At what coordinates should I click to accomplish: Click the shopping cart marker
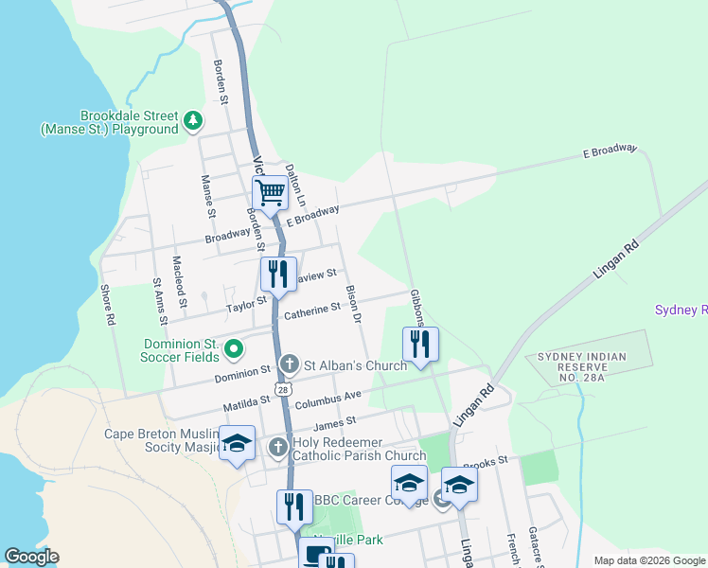point(271,193)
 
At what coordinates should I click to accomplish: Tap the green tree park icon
point(193,120)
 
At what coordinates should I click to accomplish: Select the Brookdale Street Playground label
point(110,122)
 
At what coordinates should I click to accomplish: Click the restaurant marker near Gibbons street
point(420,344)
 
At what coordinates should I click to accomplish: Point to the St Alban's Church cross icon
point(291,364)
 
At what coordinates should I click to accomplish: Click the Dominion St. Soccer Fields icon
point(235,351)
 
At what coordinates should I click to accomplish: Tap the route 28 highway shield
point(282,389)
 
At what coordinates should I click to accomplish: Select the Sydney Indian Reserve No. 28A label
point(582,367)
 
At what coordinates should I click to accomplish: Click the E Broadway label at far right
point(611,152)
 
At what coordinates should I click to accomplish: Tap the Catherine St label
point(311,311)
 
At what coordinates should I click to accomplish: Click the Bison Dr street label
point(354,303)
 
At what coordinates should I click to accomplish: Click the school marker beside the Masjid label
point(237,444)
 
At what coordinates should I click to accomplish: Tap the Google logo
point(32,557)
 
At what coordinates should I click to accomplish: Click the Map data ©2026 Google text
point(647,560)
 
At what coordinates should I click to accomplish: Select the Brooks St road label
point(486,461)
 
